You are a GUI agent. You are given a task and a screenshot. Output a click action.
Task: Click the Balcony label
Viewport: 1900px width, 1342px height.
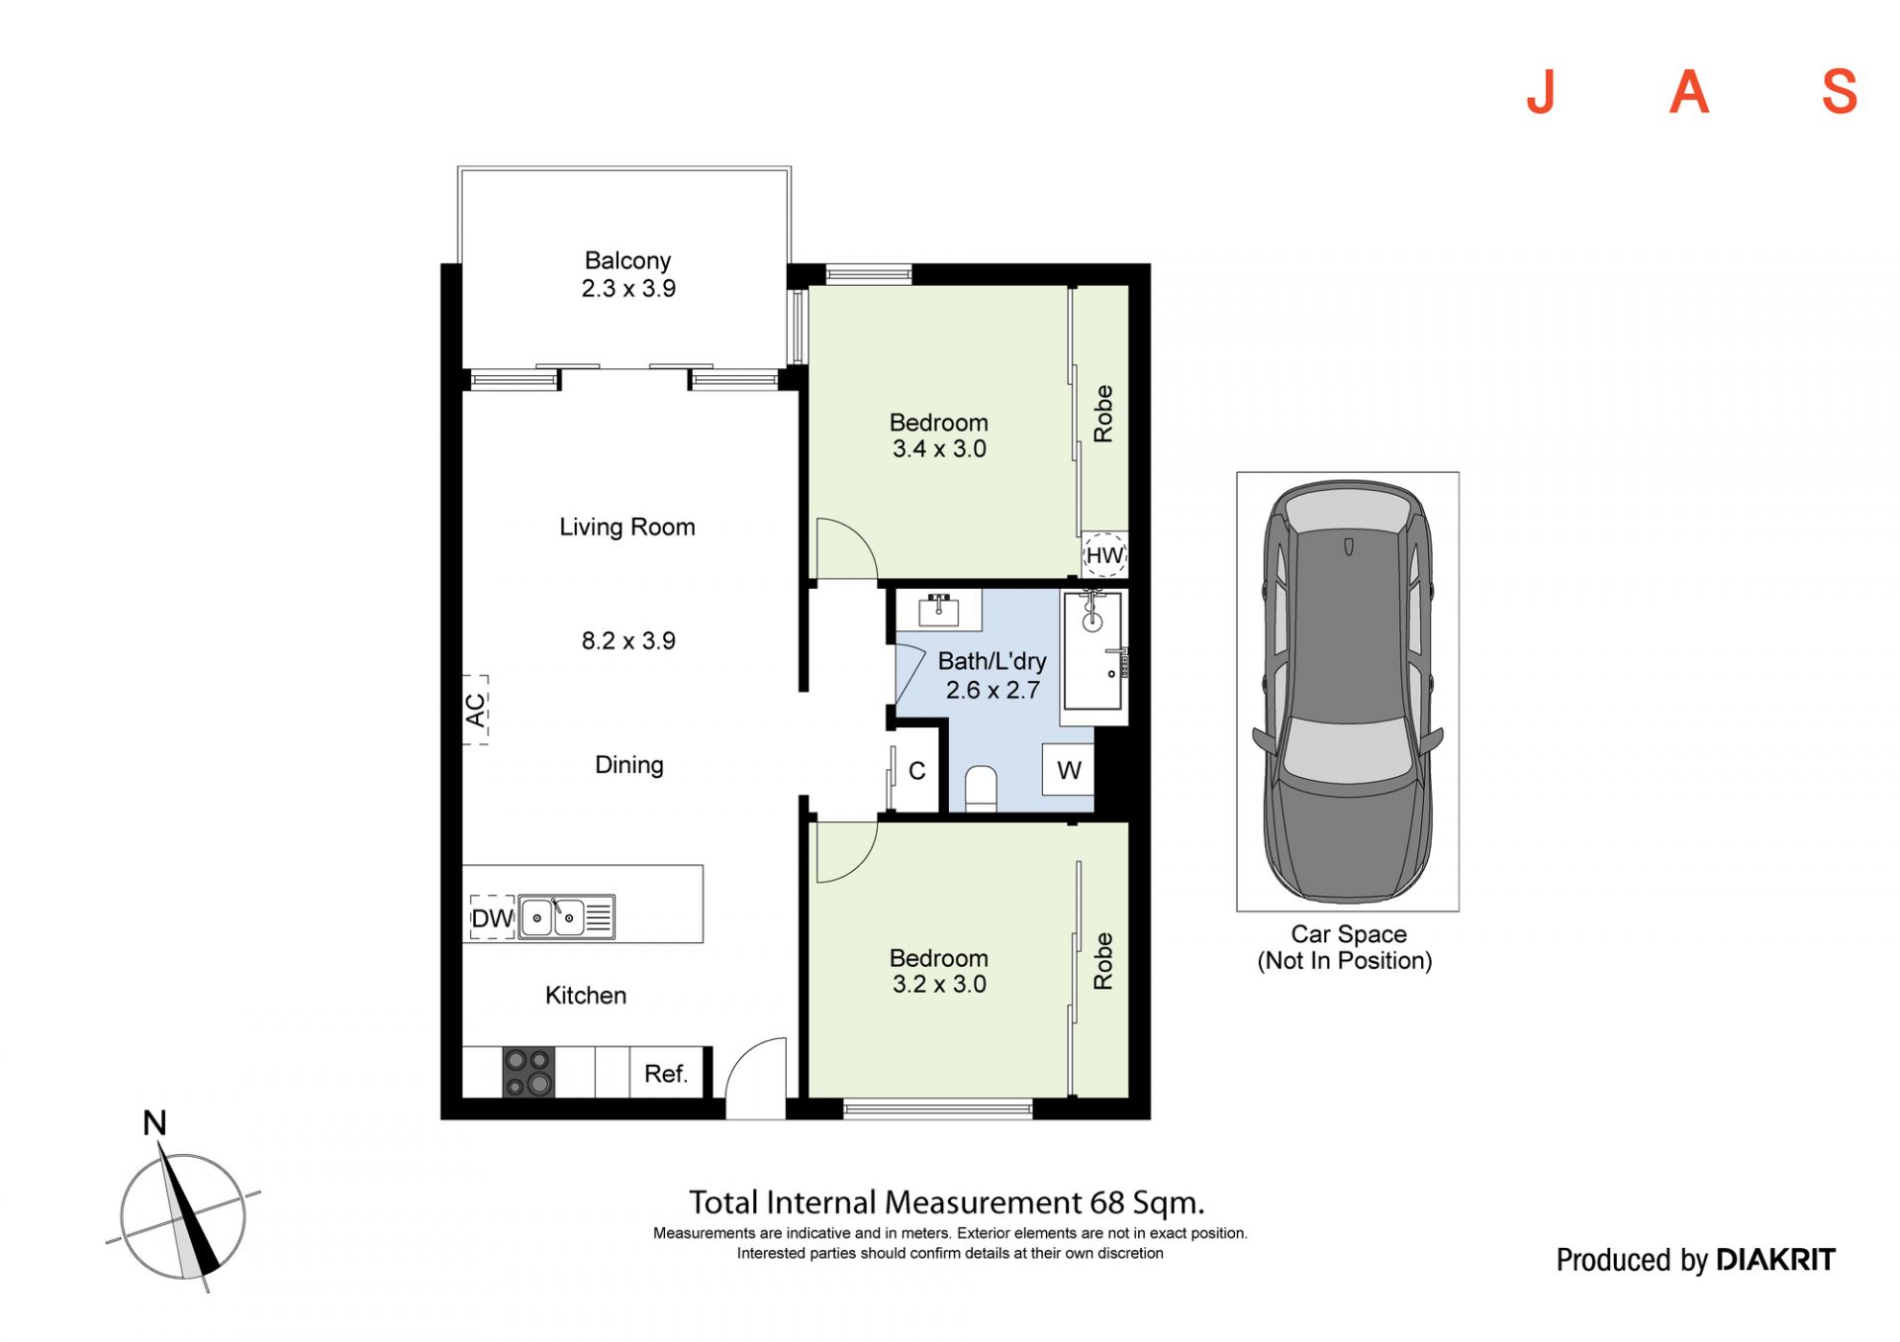coord(627,260)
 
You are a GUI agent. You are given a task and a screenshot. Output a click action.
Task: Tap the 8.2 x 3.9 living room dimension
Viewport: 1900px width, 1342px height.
coord(628,641)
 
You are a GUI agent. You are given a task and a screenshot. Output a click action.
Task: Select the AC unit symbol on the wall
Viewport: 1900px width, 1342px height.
coord(476,710)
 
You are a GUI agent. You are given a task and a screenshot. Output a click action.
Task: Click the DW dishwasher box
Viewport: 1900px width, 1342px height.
coord(492,918)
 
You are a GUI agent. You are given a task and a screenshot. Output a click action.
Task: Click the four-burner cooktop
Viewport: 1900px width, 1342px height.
coord(528,1073)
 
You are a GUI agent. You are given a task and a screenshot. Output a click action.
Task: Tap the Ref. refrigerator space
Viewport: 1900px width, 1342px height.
coord(666,1074)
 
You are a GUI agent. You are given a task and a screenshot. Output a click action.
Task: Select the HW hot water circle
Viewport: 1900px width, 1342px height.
coord(1104,555)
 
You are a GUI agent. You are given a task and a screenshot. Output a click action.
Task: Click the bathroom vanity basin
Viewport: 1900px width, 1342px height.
coord(938,610)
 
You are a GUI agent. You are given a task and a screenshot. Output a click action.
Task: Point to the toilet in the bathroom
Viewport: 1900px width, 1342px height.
coord(981,789)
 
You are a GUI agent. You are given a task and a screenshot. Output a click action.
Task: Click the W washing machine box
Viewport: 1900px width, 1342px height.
coord(1069,770)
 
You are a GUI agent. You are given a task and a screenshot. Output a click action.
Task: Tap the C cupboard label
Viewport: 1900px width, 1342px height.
coord(917,771)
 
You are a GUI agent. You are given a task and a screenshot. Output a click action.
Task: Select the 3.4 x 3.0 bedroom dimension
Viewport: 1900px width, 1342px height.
coord(939,449)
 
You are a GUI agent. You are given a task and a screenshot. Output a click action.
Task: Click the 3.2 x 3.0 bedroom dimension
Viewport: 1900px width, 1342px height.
coord(939,985)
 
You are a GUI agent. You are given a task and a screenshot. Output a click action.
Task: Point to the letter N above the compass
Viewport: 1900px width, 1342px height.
coord(154,1123)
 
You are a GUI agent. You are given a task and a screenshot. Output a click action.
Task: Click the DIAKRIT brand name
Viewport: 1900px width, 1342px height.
coord(1775,1260)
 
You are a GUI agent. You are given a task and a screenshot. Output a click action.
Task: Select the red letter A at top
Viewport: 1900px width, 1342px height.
coord(1689,92)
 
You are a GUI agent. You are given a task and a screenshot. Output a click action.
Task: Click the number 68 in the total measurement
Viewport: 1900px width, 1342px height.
coord(1107,1203)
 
